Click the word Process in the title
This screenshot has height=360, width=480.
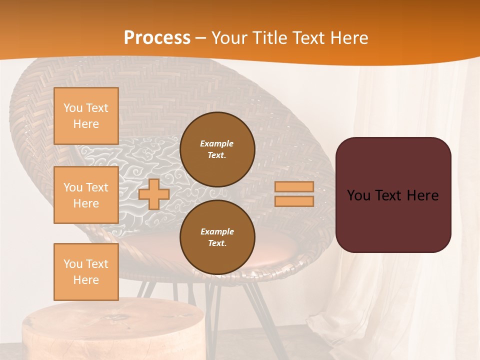click(157, 38)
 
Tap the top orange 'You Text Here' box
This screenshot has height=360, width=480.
click(86, 116)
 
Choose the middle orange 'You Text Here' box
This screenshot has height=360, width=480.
click(86, 195)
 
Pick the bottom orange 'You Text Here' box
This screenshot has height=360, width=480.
click(86, 271)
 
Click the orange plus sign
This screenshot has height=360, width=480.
click(154, 194)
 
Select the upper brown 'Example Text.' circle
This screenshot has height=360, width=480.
click(217, 149)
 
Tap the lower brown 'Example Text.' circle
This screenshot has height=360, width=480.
click(217, 237)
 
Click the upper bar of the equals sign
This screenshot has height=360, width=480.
click(294, 186)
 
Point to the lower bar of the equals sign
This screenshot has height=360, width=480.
click(294, 201)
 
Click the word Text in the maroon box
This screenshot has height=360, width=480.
click(392, 195)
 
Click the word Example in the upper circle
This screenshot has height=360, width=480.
click(217, 143)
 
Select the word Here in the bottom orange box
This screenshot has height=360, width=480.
click(86, 280)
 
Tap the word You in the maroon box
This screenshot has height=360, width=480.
click(358, 195)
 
